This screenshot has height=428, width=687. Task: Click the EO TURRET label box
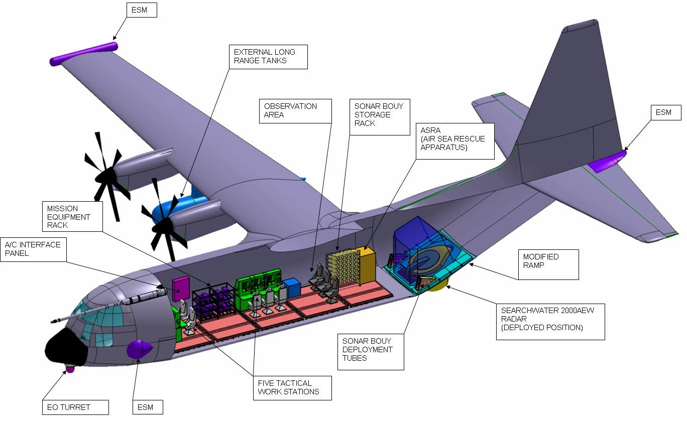point(75,407)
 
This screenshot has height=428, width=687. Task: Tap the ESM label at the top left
point(140,10)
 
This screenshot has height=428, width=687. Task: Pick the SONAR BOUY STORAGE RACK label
point(380,114)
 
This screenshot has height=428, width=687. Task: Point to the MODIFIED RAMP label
point(547,264)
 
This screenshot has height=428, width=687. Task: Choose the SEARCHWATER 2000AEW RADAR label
point(550,321)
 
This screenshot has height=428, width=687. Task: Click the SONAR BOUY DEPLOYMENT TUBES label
point(370,351)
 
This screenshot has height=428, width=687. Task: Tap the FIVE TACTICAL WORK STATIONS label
point(292,387)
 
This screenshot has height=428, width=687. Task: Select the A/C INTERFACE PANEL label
point(33,249)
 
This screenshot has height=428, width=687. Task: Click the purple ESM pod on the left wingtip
point(83,54)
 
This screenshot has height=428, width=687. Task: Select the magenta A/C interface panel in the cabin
point(180,289)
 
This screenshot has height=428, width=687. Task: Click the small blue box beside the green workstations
point(291,288)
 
